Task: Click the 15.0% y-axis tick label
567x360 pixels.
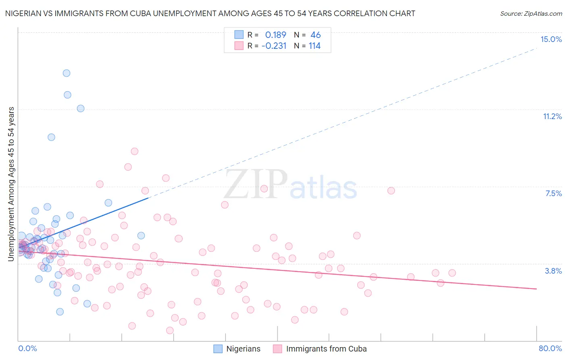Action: point(551,39)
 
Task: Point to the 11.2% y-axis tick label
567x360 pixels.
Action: point(552,116)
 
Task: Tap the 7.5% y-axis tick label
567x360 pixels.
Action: point(553,193)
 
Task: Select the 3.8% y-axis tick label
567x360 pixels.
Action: point(553,271)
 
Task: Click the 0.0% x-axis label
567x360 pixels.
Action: point(27,348)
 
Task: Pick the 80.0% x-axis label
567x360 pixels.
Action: point(550,348)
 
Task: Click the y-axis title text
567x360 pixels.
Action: point(11,184)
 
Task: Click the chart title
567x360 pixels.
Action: point(210,13)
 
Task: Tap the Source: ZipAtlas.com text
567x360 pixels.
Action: point(531,13)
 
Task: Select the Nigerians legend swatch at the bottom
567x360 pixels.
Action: point(218,349)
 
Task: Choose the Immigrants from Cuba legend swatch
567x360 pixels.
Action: point(277,349)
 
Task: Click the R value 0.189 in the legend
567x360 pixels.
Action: point(275,35)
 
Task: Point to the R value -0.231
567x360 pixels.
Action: point(274,46)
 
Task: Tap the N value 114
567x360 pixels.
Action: point(315,46)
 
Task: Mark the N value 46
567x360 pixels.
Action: point(315,35)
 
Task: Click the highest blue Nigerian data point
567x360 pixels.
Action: point(67,73)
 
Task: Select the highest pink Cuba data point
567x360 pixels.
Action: point(135,151)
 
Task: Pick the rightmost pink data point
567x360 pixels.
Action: point(452,273)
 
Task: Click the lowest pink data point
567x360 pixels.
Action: point(170,331)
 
